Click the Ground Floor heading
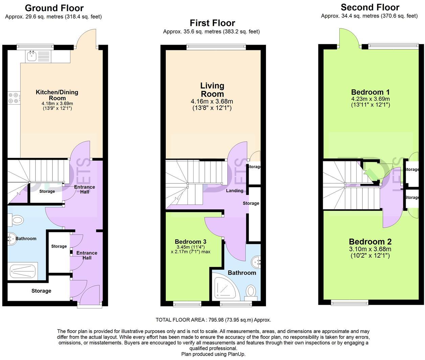tap(54, 8)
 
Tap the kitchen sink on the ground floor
tap(32, 56)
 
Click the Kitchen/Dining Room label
tap(57, 95)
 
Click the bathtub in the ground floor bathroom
tap(23, 271)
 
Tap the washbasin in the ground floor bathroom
tap(12, 239)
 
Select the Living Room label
tap(212, 90)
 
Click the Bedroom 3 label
tap(191, 242)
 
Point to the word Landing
tap(234, 191)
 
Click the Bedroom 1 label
tap(370, 92)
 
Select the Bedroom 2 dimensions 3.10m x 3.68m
tap(370, 249)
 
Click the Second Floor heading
tap(370, 7)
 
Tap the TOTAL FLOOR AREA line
tap(213, 320)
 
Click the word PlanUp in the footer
tap(237, 354)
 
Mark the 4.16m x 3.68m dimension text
tap(212, 102)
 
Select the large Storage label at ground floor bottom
tap(41, 291)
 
